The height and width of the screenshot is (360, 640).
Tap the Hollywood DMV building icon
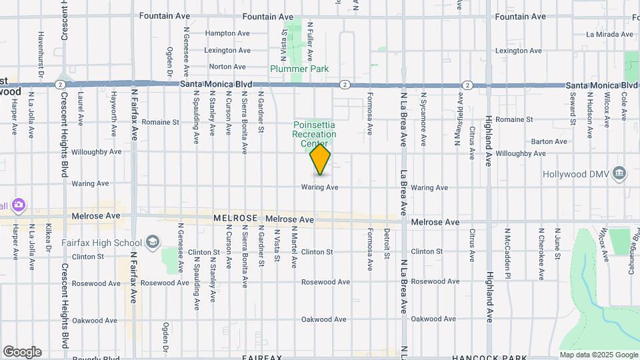click(x=621, y=174)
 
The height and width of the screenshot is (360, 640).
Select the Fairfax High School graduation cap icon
click(x=153, y=242)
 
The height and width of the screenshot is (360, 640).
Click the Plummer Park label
click(x=299, y=69)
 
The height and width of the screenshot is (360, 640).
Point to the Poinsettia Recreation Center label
click(x=314, y=134)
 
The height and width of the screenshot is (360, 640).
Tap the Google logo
click(x=22, y=352)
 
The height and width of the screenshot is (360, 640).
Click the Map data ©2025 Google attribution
click(x=598, y=355)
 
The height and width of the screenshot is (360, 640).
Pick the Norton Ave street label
click(x=227, y=67)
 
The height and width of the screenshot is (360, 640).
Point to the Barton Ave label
click(x=549, y=141)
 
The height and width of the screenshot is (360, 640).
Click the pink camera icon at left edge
click(x=19, y=205)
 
